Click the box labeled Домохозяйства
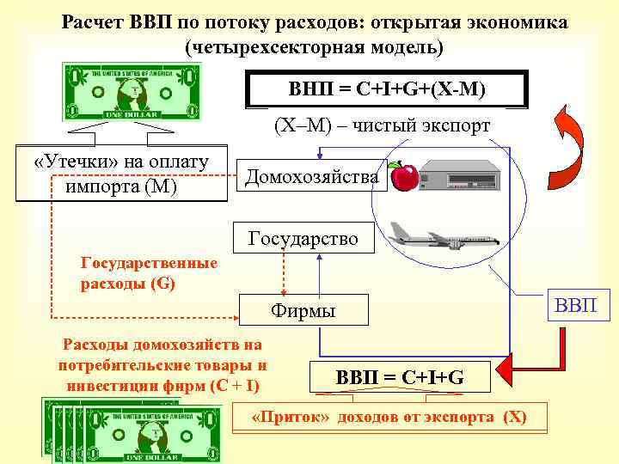(311, 177)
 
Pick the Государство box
(303, 237)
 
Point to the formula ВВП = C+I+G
(400, 375)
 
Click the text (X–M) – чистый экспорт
(381, 125)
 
